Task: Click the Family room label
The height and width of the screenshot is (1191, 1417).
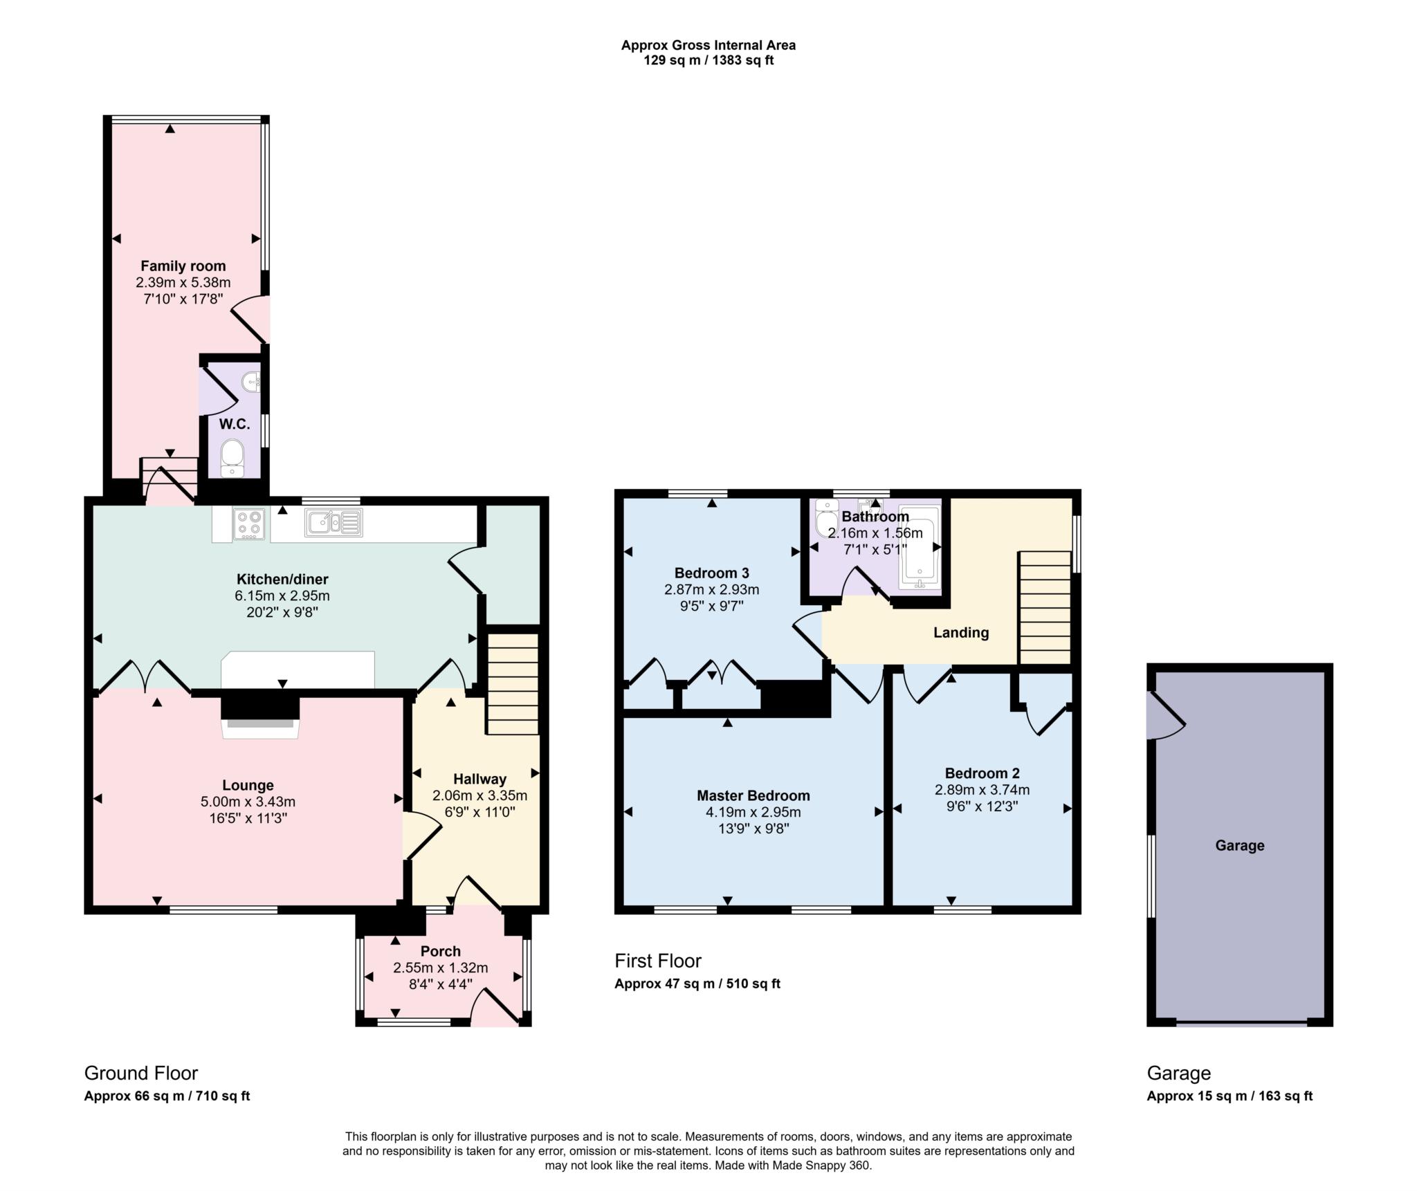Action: (183, 266)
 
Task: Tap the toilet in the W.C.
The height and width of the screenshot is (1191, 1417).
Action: (232, 457)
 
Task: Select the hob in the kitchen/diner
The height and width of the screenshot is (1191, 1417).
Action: (249, 524)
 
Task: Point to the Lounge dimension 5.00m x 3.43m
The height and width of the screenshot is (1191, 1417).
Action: (248, 802)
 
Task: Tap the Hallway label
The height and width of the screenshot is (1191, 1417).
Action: (479, 779)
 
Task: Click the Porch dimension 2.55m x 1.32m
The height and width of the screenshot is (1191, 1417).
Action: (441, 968)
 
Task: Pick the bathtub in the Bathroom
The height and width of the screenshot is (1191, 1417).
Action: (920, 548)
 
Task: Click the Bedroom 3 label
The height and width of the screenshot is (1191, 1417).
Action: (711, 573)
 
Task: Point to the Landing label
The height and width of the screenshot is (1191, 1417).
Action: (960, 632)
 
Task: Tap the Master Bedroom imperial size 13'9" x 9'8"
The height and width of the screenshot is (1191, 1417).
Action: (753, 829)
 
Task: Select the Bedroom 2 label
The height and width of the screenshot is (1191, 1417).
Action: (982, 773)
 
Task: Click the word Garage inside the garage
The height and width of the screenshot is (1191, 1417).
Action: (1239, 845)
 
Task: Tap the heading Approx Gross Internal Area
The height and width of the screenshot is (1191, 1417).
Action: (708, 45)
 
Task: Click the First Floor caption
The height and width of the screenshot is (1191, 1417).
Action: (657, 961)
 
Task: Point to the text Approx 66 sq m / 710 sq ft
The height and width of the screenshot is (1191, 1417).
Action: (167, 1096)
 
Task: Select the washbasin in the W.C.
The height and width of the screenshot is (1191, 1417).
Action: (253, 380)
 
